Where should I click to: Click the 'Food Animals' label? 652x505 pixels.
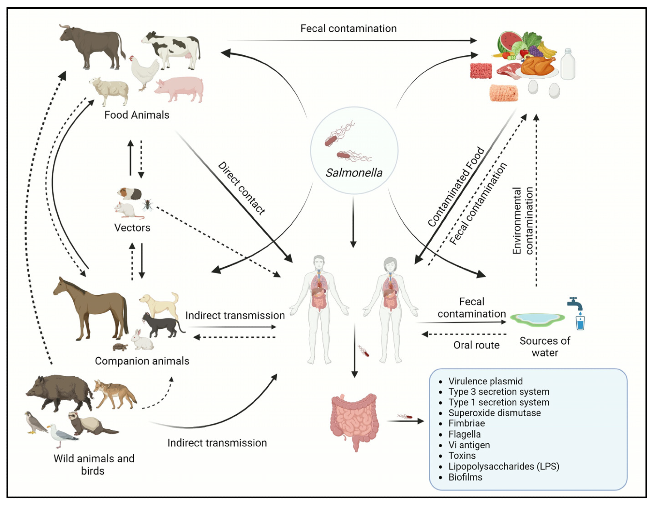click(x=137, y=115)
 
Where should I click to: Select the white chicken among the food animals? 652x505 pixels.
click(x=143, y=72)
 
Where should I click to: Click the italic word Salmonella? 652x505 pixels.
click(x=354, y=173)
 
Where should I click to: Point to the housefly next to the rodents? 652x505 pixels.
click(x=147, y=205)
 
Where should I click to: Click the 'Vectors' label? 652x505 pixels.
click(x=132, y=228)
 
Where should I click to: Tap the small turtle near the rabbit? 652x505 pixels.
click(x=120, y=347)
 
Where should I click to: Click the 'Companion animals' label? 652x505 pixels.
click(x=142, y=361)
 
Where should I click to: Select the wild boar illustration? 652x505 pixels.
click(x=60, y=391)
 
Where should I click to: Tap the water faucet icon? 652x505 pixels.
click(x=575, y=303)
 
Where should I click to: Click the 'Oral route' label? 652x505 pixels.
click(x=476, y=345)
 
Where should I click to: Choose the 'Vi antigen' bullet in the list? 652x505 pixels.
click(x=469, y=445)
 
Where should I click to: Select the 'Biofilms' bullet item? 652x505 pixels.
click(x=465, y=477)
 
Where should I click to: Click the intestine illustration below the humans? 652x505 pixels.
click(x=354, y=421)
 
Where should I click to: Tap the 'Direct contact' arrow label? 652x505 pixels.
click(x=242, y=188)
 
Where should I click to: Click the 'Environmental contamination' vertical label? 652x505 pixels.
click(x=522, y=220)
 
